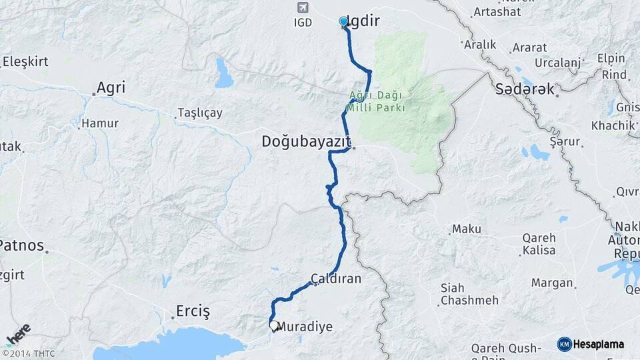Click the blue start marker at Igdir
pyautogui.click(x=343, y=22)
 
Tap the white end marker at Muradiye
pyautogui.click(x=273, y=326)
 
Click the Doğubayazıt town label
pyautogui.click(x=306, y=141)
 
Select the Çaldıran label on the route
pyautogui.click(x=336, y=278)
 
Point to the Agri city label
pyautogui.click(x=111, y=87)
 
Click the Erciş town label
pyautogui.click(x=192, y=311)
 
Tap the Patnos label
pyautogui.click(x=21, y=245)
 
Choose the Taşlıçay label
pyautogui.click(x=200, y=113)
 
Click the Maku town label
pyautogui.click(x=466, y=229)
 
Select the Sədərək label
pyautogui.click(x=525, y=89)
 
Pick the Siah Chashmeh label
pyautogui.click(x=469, y=294)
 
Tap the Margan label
pyautogui.click(x=552, y=283)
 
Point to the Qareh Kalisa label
pyautogui.click(x=539, y=244)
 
